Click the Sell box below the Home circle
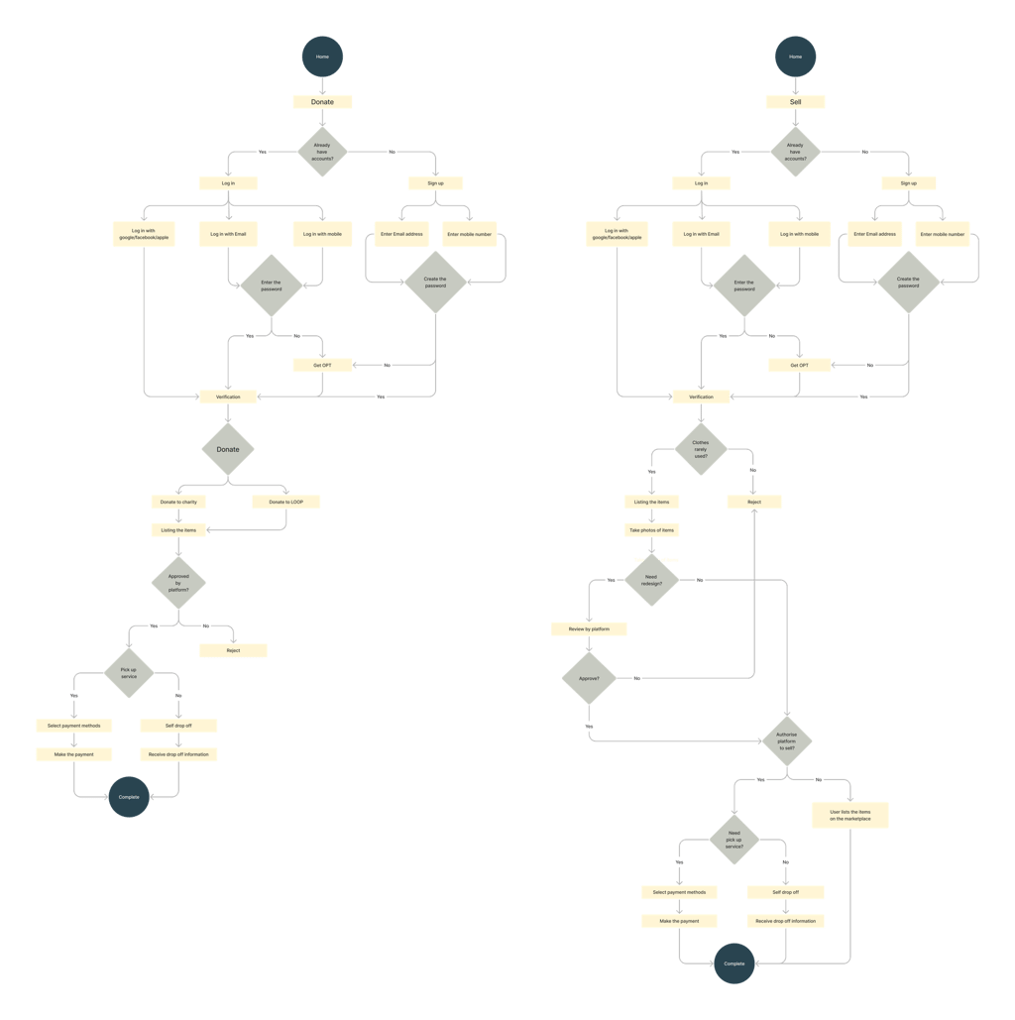click(795, 101)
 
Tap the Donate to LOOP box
click(285, 503)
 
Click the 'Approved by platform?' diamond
click(178, 582)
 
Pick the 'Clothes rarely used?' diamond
click(701, 449)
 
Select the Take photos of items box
click(652, 530)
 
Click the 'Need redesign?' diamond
click(651, 580)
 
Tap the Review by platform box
click(589, 628)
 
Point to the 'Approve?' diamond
click(589, 678)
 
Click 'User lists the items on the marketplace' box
click(850, 815)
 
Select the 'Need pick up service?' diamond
click(733, 841)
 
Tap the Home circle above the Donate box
click(322, 57)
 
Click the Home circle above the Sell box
click(795, 57)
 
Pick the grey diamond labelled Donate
click(228, 449)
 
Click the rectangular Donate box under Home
click(322, 101)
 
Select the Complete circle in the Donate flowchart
click(129, 796)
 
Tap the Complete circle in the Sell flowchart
click(733, 963)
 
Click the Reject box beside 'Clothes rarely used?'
click(752, 503)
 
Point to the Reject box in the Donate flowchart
click(233, 651)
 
